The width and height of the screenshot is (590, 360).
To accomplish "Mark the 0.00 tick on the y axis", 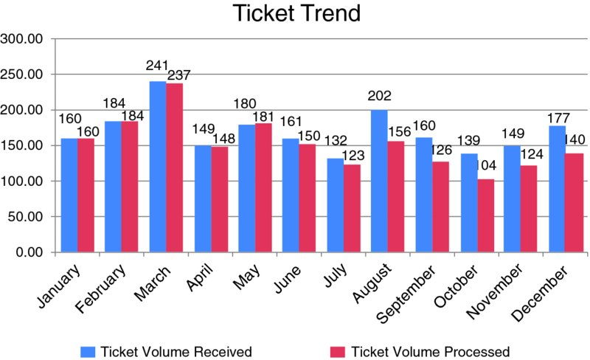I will [x=29, y=252].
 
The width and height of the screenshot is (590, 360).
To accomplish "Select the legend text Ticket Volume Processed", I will [x=431, y=350].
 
